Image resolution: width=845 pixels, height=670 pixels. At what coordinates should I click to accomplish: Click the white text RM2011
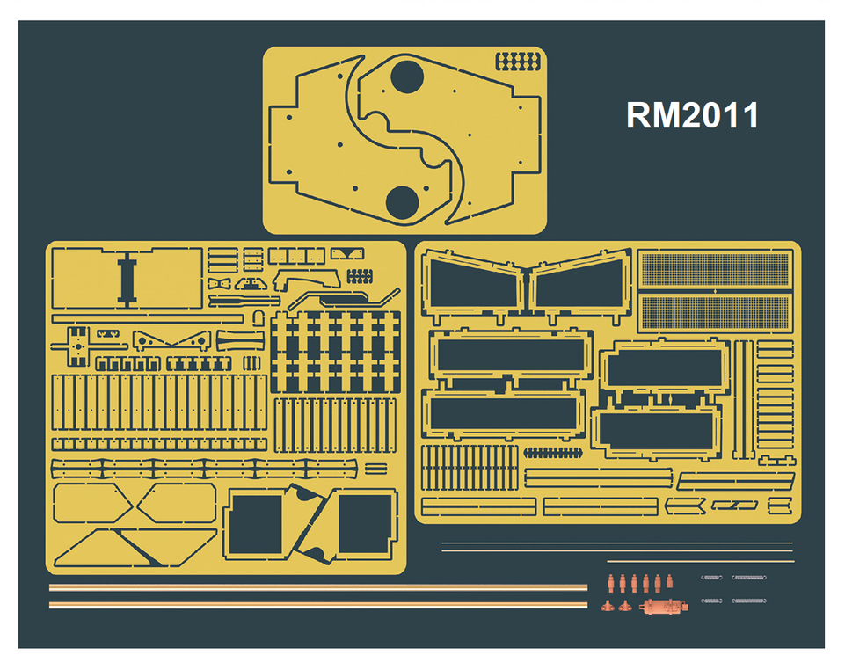pyautogui.click(x=692, y=115)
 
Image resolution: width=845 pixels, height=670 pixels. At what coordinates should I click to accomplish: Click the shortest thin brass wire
pyautogui.click(x=699, y=561)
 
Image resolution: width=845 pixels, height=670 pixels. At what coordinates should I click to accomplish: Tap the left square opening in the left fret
pyautogui.click(x=256, y=523)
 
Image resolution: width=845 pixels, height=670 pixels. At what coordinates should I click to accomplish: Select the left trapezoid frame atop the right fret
pyautogui.click(x=475, y=286)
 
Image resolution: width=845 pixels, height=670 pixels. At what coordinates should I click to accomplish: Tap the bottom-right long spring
pyautogui.click(x=749, y=601)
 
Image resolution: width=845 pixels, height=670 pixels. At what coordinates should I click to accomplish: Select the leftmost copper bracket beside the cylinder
pyautogui.click(x=608, y=606)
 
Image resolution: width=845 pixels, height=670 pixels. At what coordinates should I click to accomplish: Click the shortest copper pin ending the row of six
pyautogui.click(x=674, y=581)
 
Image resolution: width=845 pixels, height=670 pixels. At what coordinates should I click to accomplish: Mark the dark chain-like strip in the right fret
pyautogui.click(x=554, y=453)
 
